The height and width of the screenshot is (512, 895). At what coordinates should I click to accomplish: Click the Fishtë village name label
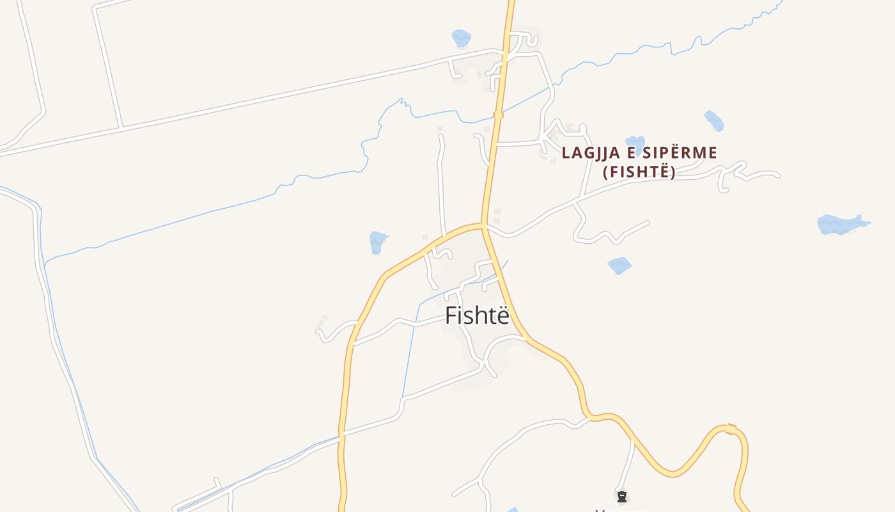pos(477,316)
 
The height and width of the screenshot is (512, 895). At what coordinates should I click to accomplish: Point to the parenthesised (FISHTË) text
pos(639,172)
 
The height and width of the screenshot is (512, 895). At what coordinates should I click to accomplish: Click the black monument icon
pos(621,497)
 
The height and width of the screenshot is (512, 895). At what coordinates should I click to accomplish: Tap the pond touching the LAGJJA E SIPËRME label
pos(635,143)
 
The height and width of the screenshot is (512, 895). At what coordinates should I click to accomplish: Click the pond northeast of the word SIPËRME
pos(713,120)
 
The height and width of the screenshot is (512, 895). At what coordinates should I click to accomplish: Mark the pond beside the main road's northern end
pos(461,38)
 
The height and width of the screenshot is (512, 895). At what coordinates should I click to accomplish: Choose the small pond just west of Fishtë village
pos(378,242)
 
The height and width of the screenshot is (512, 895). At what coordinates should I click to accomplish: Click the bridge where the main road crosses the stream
pos(498,115)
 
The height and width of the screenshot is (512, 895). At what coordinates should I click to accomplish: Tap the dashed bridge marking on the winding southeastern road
pos(731,428)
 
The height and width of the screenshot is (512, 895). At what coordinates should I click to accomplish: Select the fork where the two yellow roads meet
pos(483,225)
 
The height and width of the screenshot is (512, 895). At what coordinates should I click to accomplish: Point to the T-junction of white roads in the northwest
pos(120,127)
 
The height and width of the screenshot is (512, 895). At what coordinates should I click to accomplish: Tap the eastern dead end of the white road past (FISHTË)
pos(778,175)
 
